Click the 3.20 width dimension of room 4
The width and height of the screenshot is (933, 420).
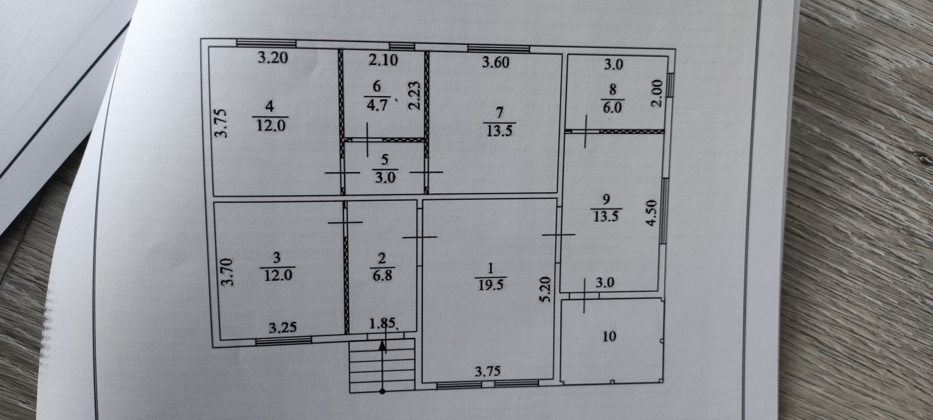[273, 58]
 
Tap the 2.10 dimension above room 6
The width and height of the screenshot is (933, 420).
[383, 60]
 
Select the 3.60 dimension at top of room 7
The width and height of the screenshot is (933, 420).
[495, 62]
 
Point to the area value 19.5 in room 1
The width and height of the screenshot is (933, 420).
[490, 284]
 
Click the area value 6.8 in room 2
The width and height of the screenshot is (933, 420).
[382, 276]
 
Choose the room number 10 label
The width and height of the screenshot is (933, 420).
[609, 336]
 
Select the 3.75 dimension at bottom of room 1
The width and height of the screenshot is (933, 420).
[487, 372]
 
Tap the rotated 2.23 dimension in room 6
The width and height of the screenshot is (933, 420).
[414, 96]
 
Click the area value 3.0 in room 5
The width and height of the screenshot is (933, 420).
[384, 177]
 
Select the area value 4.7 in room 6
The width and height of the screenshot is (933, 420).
[377, 105]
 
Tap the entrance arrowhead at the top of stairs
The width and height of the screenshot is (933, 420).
[382, 346]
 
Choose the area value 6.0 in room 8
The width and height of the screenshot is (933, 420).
[612, 107]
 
